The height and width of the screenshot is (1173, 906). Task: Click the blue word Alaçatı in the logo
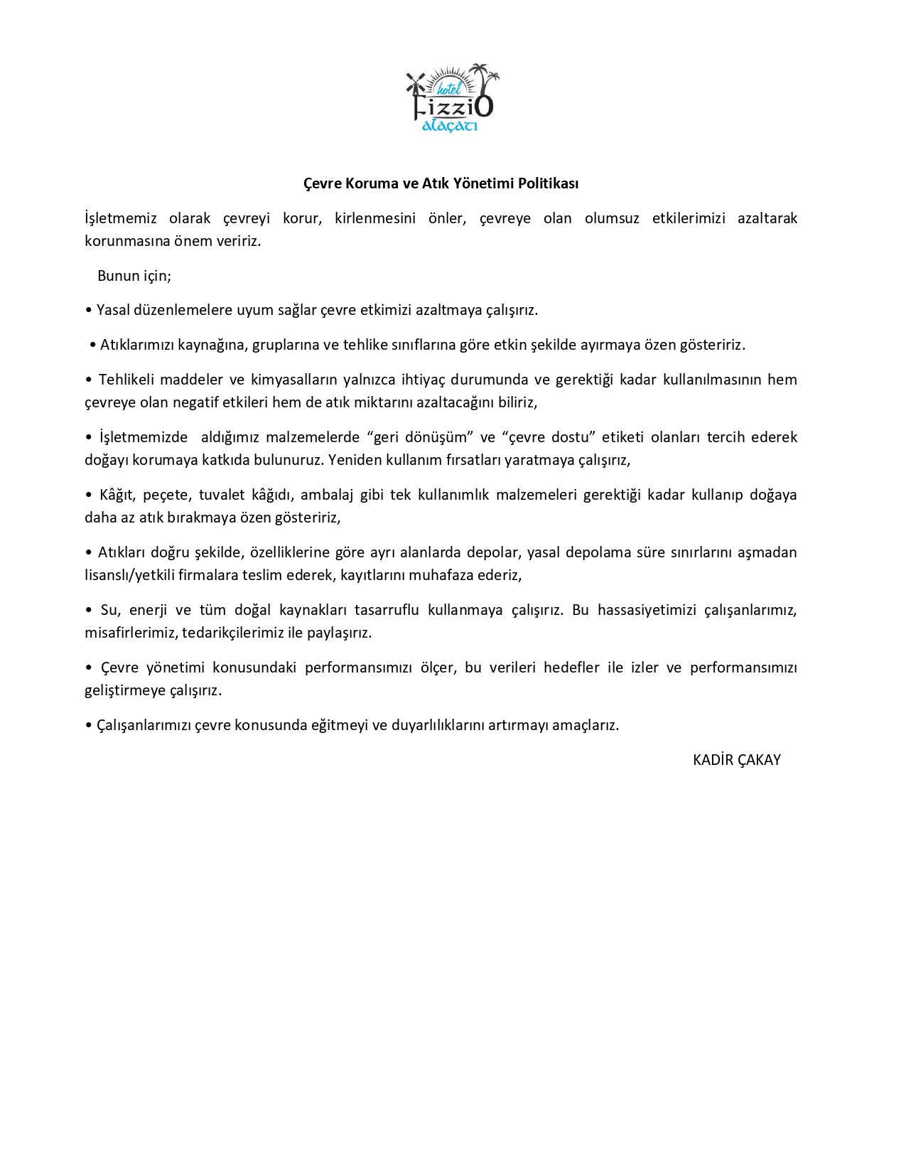pos(449,126)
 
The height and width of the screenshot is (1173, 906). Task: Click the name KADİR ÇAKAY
pos(736,760)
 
